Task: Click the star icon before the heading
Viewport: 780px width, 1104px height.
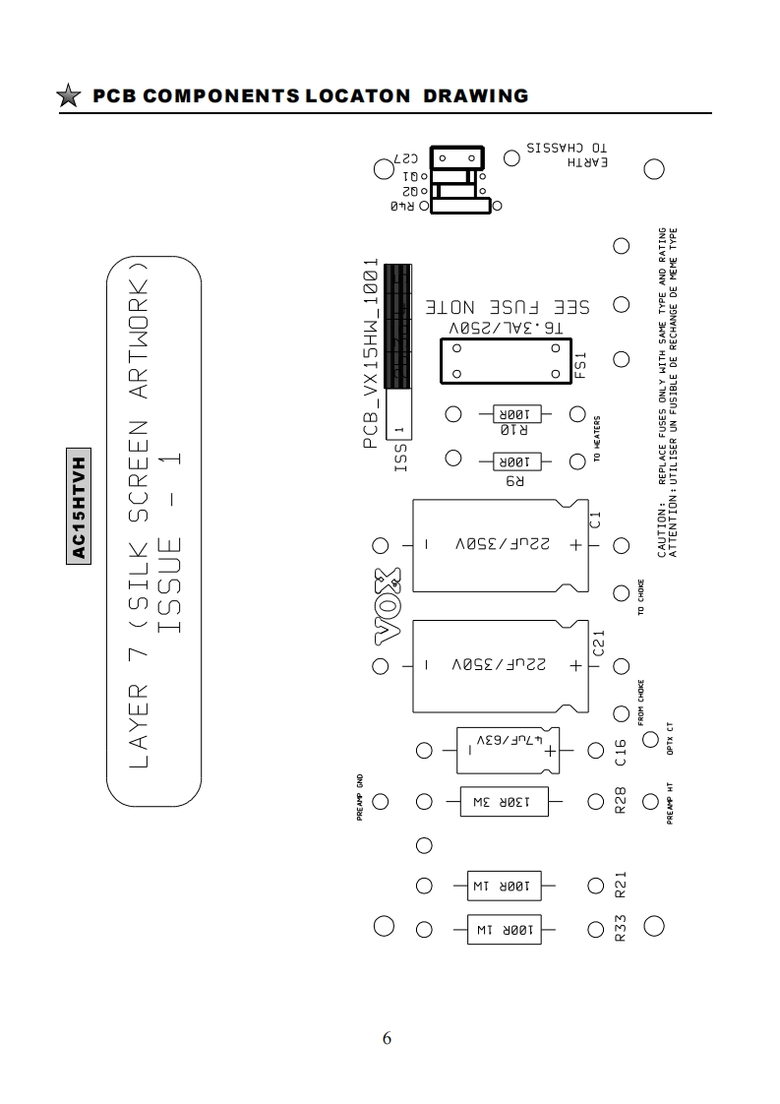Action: tap(68, 96)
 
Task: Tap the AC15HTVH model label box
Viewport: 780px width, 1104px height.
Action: tap(81, 507)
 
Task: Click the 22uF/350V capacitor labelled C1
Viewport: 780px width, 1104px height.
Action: tap(500, 545)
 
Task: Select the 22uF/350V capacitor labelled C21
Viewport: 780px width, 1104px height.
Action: tap(500, 666)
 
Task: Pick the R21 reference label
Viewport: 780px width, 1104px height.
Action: tap(620, 889)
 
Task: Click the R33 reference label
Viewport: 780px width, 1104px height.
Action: tap(620, 929)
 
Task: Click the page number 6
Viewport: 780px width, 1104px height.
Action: tap(387, 1039)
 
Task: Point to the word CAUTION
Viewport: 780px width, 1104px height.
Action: tap(662, 532)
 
